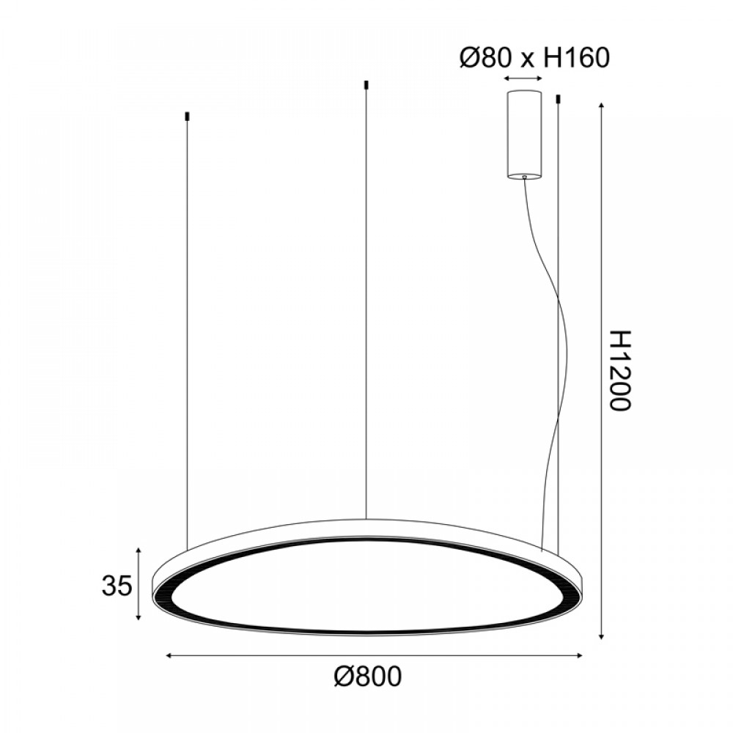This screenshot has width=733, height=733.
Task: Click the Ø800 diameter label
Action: [x=367, y=677]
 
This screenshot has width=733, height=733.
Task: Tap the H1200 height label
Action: [x=621, y=370]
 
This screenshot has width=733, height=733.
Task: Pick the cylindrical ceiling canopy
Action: [x=525, y=135]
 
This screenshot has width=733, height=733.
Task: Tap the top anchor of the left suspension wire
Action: [x=187, y=116]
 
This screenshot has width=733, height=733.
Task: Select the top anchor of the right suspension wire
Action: [x=558, y=99]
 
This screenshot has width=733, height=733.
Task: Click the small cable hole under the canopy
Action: [x=525, y=177]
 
